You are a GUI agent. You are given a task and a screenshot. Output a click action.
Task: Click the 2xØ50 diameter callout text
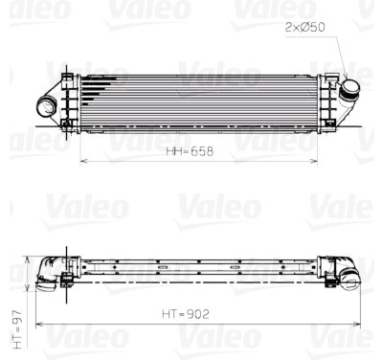[x=304, y=27]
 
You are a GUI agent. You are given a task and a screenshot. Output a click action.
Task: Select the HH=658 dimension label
[x=190, y=151]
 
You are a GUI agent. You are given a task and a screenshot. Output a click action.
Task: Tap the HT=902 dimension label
[x=186, y=314]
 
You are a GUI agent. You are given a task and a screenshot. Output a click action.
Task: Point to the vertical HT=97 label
[x=18, y=328]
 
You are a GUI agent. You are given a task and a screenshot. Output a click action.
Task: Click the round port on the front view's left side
[x=45, y=107]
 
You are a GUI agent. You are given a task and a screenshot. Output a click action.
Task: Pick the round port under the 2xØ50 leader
[x=349, y=88]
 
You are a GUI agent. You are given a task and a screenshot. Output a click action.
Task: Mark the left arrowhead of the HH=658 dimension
[x=84, y=161]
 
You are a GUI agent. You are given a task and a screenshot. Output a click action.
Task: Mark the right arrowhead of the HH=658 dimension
[x=314, y=161]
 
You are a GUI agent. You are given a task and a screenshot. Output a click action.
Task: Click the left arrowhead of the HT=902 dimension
[x=39, y=325]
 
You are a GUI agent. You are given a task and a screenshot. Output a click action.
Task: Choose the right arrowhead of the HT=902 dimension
[x=357, y=325]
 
